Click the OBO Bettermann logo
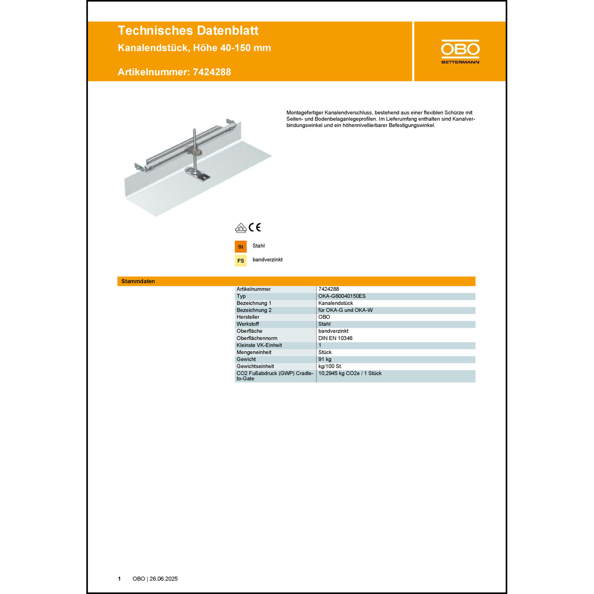(x=460, y=51)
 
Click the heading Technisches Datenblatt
(x=188, y=30)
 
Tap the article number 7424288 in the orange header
(x=212, y=72)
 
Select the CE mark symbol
(x=255, y=227)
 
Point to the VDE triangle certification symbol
(x=241, y=228)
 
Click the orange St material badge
(x=241, y=247)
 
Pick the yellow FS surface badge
(x=241, y=261)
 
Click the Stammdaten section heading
(x=138, y=281)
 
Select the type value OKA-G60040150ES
(x=342, y=296)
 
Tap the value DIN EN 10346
(x=335, y=338)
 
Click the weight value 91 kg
(x=325, y=359)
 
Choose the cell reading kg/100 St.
(x=330, y=366)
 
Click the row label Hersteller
(x=248, y=317)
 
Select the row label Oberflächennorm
(x=257, y=338)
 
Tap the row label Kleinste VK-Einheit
(x=259, y=345)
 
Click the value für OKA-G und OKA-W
(x=345, y=310)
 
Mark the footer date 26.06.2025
(x=164, y=579)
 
